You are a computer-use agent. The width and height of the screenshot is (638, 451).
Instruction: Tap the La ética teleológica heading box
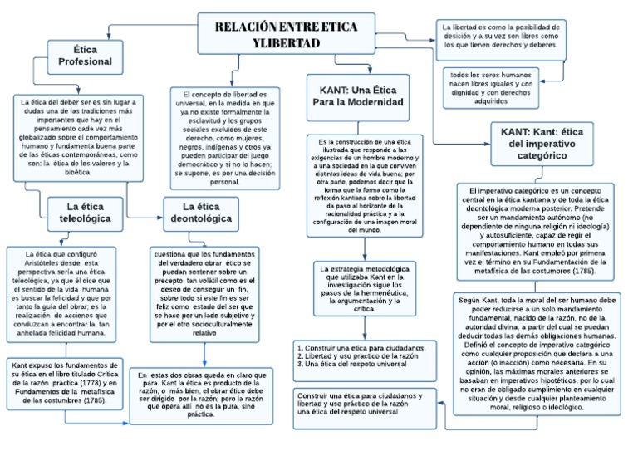point(85,213)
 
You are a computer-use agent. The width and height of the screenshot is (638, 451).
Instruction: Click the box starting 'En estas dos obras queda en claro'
point(201,394)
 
